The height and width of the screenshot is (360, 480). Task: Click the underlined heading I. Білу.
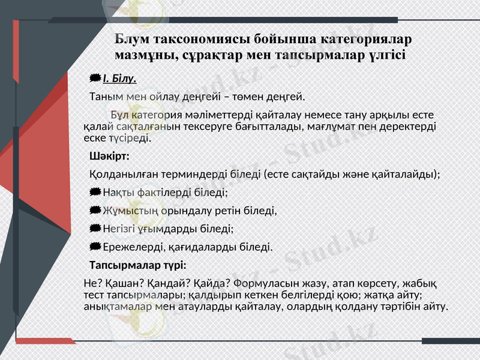pos(120,79)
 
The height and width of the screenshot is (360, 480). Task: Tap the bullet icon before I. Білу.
pos(95,79)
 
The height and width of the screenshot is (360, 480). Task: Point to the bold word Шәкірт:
pos(109,157)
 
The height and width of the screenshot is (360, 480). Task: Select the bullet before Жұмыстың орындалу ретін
pos(95,211)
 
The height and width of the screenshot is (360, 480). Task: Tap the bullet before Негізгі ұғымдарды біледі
pos(95,229)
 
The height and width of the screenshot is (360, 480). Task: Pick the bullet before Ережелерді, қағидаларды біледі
pos(95,247)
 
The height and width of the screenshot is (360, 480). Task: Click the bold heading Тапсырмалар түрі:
pos(137,265)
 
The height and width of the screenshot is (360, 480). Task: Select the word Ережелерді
pos(130,247)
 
